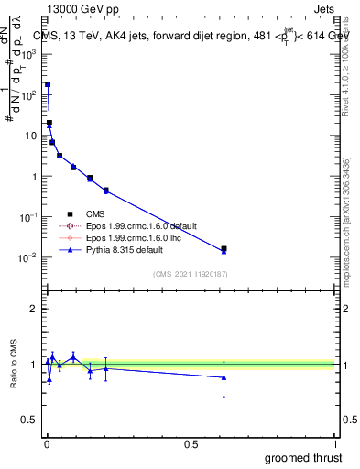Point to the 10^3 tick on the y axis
coord(28,54)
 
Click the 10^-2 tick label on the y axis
coord(28,257)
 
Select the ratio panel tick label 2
coord(34,309)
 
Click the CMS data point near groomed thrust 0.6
coord(224,248)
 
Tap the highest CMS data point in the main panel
coord(48,84)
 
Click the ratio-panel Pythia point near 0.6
coord(224,377)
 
